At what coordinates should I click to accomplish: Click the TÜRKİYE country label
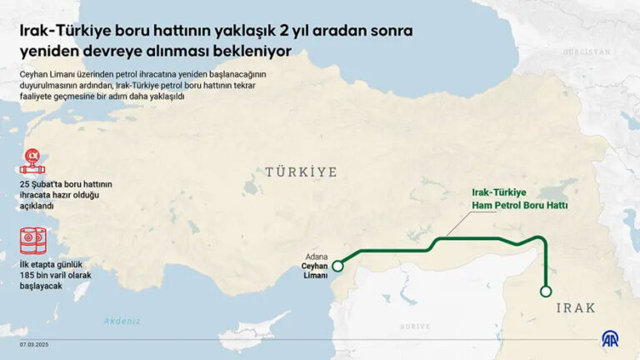pyautogui.click(x=301, y=172)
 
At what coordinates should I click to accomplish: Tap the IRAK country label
pyautogui.click(x=575, y=307)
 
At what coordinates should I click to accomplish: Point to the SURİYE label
pyautogui.click(x=414, y=327)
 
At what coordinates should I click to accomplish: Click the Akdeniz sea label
pyautogui.click(x=122, y=321)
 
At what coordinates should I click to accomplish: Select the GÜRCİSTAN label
pyautogui.click(x=587, y=52)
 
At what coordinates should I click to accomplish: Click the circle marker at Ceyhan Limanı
pyautogui.click(x=337, y=267)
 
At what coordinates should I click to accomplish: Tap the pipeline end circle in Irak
pyautogui.click(x=546, y=292)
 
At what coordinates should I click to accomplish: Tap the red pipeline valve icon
pyautogui.click(x=33, y=159)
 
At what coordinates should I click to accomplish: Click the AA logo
pyautogui.click(x=611, y=338)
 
